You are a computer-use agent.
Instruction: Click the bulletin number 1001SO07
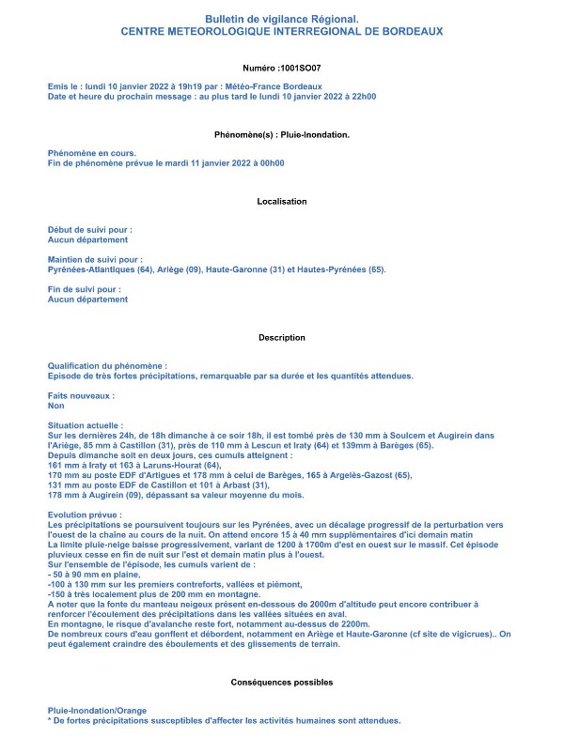coord(302,69)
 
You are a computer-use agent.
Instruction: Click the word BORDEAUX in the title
coord(410,31)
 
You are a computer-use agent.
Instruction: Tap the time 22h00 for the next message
coord(358,96)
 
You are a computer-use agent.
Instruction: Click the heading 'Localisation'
coord(282,202)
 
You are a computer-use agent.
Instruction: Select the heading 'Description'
coord(282,337)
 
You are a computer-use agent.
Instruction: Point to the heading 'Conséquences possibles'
coord(282,682)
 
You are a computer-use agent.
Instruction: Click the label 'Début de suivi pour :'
coord(90,229)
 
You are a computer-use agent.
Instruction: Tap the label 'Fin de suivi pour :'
coord(85,289)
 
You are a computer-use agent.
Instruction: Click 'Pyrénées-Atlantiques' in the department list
coord(90,269)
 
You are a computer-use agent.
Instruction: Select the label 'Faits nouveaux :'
coord(87,396)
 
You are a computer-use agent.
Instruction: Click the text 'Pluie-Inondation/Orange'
coord(98,711)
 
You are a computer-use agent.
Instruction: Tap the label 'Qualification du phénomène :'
coord(108,366)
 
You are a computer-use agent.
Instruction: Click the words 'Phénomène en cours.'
coord(92,152)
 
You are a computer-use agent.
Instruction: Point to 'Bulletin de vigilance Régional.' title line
coord(282,19)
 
